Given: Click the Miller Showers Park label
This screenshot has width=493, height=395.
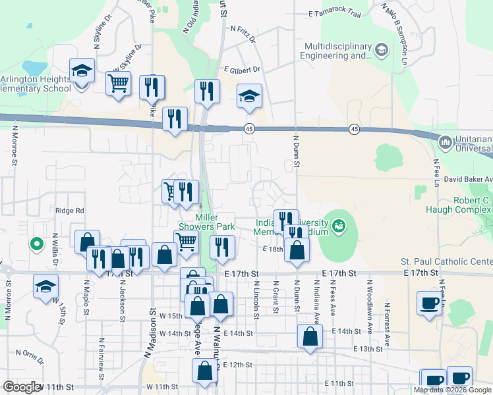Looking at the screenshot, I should pos(215,222).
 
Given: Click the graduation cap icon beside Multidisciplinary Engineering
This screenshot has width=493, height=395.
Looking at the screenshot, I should pos(381,50).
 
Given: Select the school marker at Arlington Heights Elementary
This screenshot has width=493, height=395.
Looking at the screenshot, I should pos(82,71).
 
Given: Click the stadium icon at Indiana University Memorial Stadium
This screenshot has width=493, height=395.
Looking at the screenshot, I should pos(339,227).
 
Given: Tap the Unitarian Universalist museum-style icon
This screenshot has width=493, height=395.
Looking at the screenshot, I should pos(445,142).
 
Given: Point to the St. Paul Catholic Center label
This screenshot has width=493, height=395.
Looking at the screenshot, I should pos(446,262).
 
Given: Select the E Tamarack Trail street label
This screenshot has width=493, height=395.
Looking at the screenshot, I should pos(335,14).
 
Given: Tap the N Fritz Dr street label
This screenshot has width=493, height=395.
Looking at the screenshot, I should pos(243,29).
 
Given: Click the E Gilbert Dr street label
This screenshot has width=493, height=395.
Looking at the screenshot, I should pos(242,69).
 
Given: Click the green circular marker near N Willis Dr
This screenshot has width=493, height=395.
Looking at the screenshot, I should pos(38,244).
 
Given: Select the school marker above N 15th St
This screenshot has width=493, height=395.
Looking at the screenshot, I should pos(45,287).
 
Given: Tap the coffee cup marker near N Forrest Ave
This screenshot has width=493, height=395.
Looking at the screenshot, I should pos(430,304).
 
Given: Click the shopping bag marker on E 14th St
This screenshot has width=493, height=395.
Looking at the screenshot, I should pos(310,337).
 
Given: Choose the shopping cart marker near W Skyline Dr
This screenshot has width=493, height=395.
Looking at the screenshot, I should pos(119,84).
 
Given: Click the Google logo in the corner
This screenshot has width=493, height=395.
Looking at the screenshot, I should pos(21,387).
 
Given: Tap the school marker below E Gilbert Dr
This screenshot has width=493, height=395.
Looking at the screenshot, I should pos(249,97).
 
